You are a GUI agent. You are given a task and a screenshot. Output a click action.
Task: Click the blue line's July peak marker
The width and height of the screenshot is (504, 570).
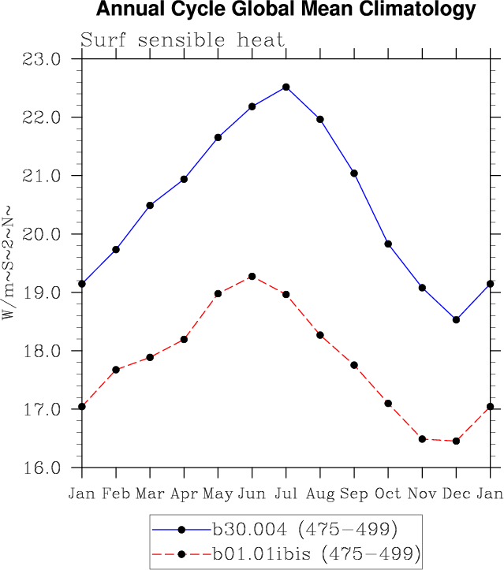point(286,87)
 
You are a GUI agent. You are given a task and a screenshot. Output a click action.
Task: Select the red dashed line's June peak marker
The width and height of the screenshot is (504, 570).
point(252,276)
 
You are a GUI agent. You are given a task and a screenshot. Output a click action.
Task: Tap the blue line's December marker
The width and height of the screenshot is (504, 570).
point(456,319)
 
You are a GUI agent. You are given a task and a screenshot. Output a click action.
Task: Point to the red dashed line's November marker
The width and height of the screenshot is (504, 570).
point(422,438)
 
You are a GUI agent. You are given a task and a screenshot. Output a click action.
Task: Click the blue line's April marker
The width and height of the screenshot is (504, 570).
point(184,179)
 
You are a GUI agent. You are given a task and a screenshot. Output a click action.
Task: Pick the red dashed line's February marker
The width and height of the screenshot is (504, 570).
point(116,369)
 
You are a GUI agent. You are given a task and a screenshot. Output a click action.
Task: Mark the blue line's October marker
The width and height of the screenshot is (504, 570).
point(388,244)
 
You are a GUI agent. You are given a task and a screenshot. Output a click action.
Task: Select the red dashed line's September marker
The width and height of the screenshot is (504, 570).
point(354,365)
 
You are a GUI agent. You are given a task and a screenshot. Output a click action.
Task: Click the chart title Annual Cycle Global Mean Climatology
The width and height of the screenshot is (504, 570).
point(286,10)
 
